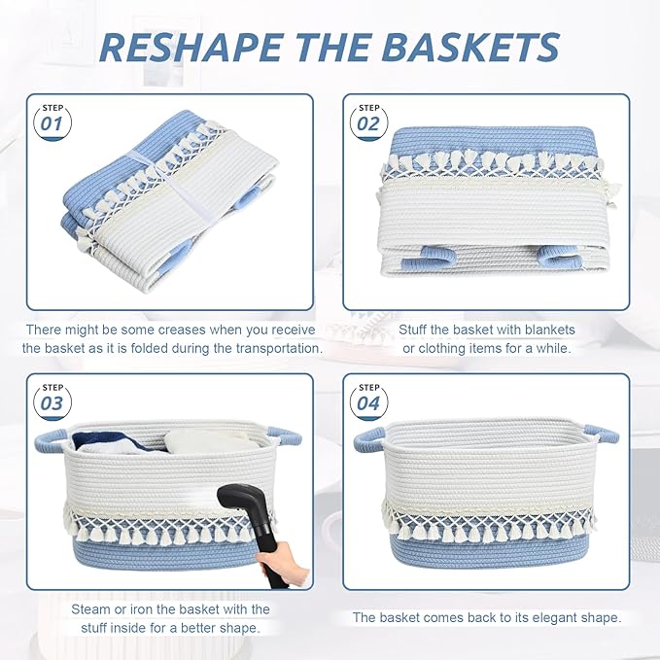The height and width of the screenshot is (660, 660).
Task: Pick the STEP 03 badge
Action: (52, 399)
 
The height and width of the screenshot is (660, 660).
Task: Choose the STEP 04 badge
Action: (368, 399)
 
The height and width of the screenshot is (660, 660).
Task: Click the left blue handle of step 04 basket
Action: (370, 440)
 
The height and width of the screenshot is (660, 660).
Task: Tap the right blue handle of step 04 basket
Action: (601, 434)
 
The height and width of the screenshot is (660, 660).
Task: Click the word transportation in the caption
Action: (273, 348)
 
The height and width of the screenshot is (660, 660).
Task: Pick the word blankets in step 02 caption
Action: (542, 330)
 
